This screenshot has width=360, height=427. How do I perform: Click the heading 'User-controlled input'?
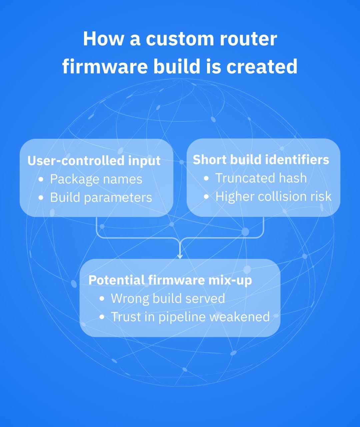pyautogui.click(x=94, y=161)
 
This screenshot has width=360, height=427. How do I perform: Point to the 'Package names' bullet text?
pyautogui.click(x=96, y=179)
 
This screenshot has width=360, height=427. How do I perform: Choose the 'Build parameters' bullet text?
pyautogui.click(x=101, y=197)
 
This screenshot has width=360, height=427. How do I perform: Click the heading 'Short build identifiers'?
pyautogui.click(x=261, y=160)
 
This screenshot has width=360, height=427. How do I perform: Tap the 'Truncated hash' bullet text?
pyautogui.click(x=261, y=178)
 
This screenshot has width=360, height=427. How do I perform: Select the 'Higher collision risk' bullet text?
pyautogui.click(x=273, y=196)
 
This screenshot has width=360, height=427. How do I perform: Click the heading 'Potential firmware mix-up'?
pyautogui.click(x=170, y=280)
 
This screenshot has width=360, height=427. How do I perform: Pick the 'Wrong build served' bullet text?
pyautogui.click(x=168, y=298)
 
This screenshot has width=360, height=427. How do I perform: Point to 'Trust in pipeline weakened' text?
pyautogui.click(x=190, y=317)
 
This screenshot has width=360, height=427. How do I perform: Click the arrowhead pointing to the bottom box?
pyautogui.click(x=180, y=256)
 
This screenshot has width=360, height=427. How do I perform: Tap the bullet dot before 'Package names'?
pyautogui.click(x=41, y=179)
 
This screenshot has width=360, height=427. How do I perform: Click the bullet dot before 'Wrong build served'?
pyautogui.click(x=102, y=299)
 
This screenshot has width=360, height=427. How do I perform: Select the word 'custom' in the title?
pyautogui.click(x=179, y=39)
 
